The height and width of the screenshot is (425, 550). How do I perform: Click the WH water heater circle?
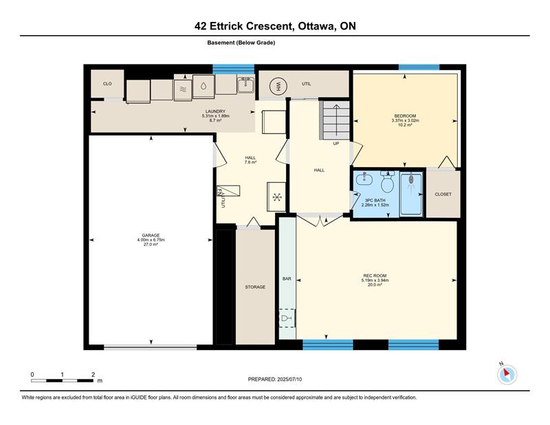coord(278,86)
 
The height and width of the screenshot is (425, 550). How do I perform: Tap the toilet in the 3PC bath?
coord(387,182)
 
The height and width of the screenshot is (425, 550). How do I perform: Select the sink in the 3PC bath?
coord(364,179)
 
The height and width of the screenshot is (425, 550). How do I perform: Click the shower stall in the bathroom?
coord(411,194)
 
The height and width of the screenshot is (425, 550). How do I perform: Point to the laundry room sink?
coord(245,85)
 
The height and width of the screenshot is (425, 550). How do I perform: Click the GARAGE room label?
coord(151,235)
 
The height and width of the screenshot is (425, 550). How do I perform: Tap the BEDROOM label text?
coord(405,116)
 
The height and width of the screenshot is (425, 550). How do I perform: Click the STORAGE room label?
coord(255,287)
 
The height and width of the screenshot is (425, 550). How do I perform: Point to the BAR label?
coord(287,279)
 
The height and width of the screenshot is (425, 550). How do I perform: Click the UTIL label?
coord(307,84)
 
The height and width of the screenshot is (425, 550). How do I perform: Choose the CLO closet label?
coord(107,83)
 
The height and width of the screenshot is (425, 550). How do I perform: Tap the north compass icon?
coord(507,374)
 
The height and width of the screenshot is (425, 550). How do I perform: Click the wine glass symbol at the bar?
coord(285,318)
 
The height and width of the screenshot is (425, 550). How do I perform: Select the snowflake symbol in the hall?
coord(277,197)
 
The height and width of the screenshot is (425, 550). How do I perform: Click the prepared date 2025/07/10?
coord(289,380)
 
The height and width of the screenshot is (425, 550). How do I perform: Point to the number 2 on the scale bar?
coord(93,375)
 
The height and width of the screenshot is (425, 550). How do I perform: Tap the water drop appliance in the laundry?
coord(203,86)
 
